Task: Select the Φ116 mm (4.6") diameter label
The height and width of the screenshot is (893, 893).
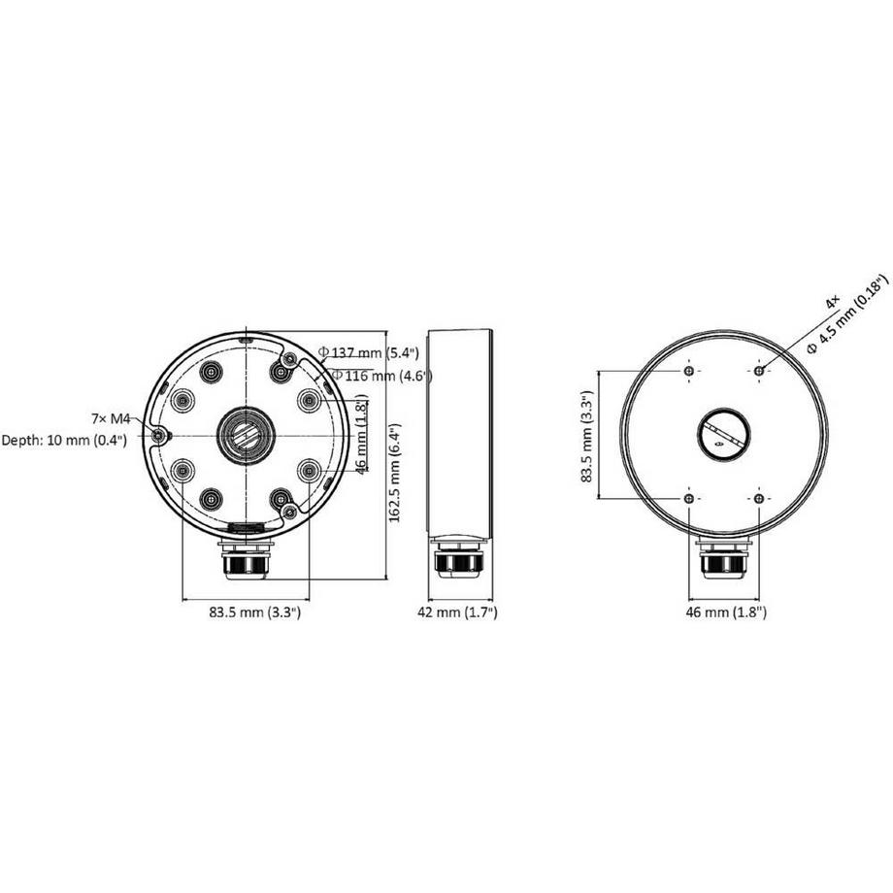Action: [380, 376]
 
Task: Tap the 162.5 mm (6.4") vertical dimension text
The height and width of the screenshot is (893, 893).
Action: [396, 472]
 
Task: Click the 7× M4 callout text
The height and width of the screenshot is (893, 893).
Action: [110, 418]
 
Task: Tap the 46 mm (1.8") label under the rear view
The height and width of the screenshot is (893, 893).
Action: [726, 612]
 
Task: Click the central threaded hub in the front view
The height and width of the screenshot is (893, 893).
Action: [245, 434]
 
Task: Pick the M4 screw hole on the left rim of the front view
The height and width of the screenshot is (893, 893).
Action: [158, 436]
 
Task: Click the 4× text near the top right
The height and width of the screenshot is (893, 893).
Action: [832, 304]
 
